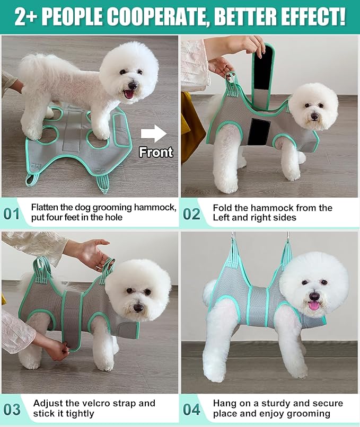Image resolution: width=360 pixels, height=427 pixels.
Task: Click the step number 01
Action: click(12, 213)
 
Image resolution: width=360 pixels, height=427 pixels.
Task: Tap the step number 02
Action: click(191, 213)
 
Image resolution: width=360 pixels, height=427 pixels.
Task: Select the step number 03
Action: click(12, 410)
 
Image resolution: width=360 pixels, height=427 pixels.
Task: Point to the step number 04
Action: click(191, 410)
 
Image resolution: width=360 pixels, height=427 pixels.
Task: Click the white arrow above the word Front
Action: click(154, 134)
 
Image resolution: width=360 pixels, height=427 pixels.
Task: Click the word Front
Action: click(156, 153)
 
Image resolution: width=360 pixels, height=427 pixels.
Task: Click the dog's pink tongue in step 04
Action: click(314, 305)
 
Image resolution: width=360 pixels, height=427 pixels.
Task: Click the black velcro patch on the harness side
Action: click(259, 133)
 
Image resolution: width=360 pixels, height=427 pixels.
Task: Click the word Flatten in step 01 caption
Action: click(45, 207)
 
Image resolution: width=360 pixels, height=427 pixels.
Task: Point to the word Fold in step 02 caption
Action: click(222, 208)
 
